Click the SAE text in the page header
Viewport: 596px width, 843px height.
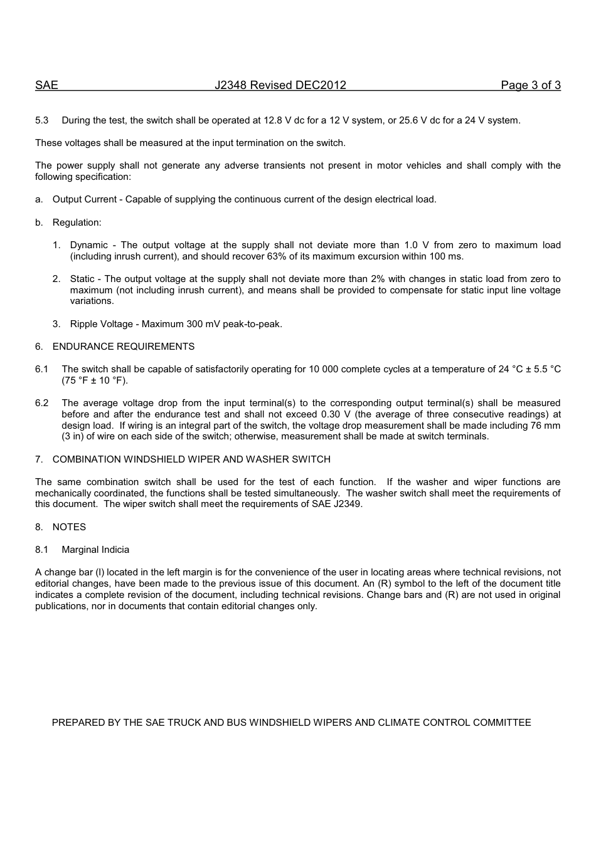46,85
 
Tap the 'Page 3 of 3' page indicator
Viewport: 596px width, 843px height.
530,85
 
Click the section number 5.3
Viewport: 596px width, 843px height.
41,120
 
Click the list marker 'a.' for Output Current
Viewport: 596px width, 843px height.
39,199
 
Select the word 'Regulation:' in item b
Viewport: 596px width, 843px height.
77,223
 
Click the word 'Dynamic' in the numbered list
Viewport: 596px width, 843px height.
88,245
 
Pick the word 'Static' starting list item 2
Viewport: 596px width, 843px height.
82,279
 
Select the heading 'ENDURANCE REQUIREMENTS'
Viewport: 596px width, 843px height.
124,347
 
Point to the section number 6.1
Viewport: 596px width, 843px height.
41,369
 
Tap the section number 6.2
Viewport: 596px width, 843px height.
41,403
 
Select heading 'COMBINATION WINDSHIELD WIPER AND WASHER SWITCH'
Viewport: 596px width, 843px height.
191,459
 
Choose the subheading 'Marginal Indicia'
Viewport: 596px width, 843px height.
95,550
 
